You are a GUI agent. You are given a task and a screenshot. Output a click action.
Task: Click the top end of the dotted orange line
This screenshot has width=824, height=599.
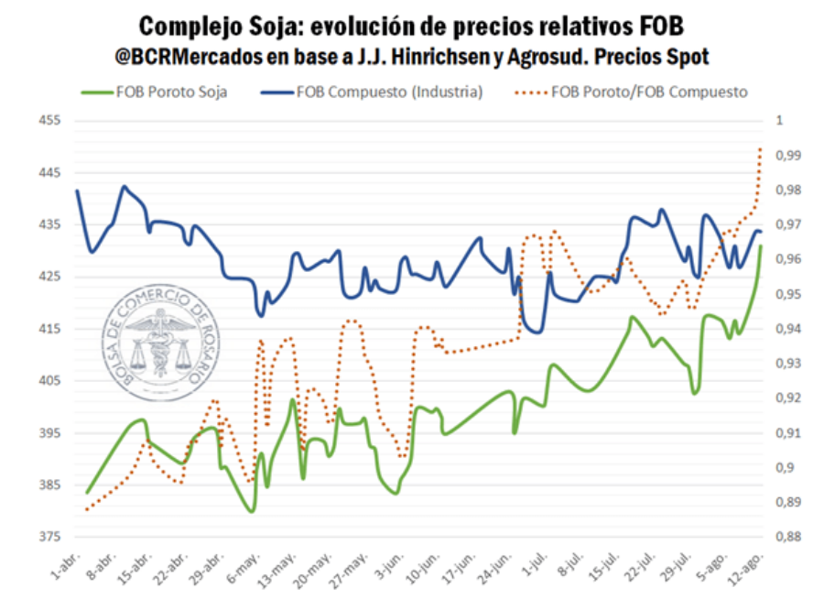click(x=761, y=146)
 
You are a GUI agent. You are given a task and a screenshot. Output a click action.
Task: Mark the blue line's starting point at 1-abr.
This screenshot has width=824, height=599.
click(x=77, y=191)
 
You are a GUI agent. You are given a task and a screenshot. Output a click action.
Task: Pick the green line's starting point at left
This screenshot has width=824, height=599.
click(x=88, y=493)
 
